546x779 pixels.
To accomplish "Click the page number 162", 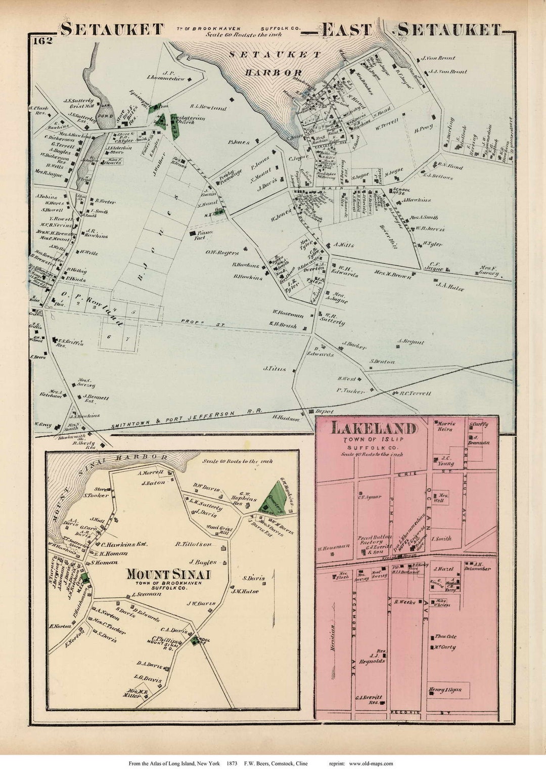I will click(x=43, y=41).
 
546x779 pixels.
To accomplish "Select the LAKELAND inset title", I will click(x=374, y=429).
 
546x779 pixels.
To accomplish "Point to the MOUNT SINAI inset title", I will click(x=168, y=574).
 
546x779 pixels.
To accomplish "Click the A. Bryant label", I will click(x=410, y=342).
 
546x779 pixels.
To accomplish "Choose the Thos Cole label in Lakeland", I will click(x=444, y=637).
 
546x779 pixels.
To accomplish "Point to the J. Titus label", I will click(x=274, y=369).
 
